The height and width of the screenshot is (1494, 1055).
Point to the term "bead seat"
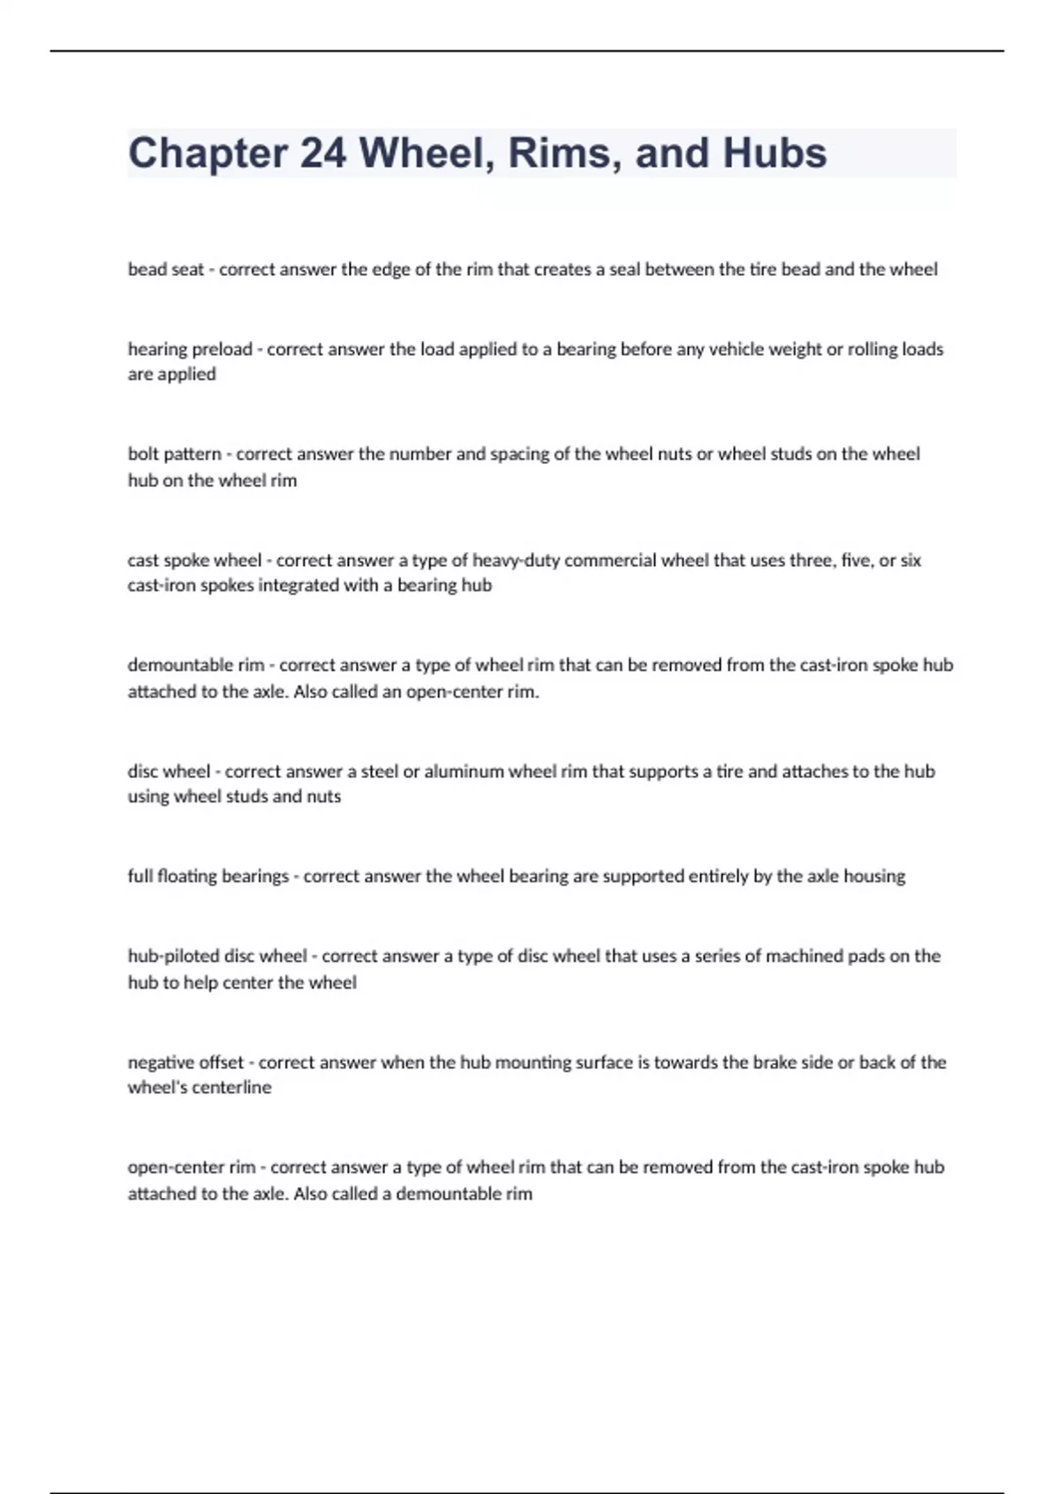(x=165, y=270)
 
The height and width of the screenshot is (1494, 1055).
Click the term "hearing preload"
(x=190, y=349)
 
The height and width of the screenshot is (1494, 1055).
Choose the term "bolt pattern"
(x=174, y=454)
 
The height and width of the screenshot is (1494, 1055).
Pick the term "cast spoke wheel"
(x=194, y=560)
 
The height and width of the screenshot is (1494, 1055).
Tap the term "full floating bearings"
(x=208, y=876)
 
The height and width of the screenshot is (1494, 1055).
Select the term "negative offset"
(x=186, y=1062)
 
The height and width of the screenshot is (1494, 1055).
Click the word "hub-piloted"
(x=173, y=956)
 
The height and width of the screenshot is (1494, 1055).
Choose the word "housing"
(x=874, y=876)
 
